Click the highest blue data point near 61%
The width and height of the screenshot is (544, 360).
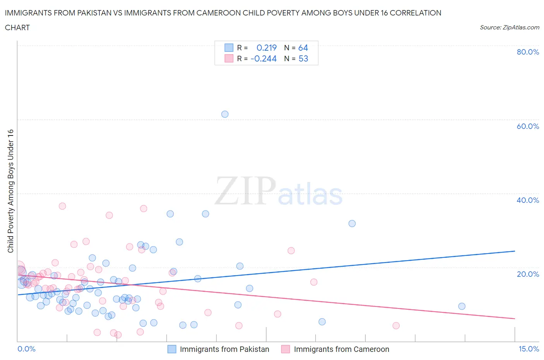pyautogui.click(x=225, y=114)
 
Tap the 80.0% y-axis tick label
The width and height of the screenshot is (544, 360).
pyautogui.click(x=528, y=52)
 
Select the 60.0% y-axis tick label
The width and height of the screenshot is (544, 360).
pyautogui.click(x=528, y=126)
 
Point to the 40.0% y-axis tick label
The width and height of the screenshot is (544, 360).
pyautogui.click(x=528, y=200)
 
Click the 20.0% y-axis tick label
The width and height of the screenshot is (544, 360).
pyautogui.click(x=528, y=274)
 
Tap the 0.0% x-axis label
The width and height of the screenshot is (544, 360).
pyautogui.click(x=26, y=349)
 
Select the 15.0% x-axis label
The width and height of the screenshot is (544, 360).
pyautogui.click(x=529, y=349)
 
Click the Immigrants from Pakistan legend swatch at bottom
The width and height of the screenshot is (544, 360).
pyautogui.click(x=172, y=349)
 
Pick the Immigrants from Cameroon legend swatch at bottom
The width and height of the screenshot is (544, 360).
pyautogui.click(x=286, y=349)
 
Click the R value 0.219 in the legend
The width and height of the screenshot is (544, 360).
pyautogui.click(x=267, y=48)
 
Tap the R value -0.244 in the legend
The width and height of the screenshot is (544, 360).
pyautogui.click(x=263, y=58)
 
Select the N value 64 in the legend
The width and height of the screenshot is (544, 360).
pyautogui.click(x=303, y=48)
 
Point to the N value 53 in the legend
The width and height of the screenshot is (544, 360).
pyautogui.click(x=303, y=58)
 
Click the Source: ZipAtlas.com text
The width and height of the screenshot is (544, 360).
pyautogui.click(x=509, y=27)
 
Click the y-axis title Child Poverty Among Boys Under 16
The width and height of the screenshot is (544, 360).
pyautogui.click(x=11, y=191)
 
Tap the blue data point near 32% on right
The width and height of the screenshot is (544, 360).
pyautogui.click(x=352, y=223)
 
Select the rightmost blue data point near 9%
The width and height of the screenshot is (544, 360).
pyautogui.click(x=462, y=306)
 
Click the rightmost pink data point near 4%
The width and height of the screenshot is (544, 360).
pyautogui.click(x=396, y=326)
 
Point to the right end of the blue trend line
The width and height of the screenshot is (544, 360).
pyautogui.click(x=515, y=251)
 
